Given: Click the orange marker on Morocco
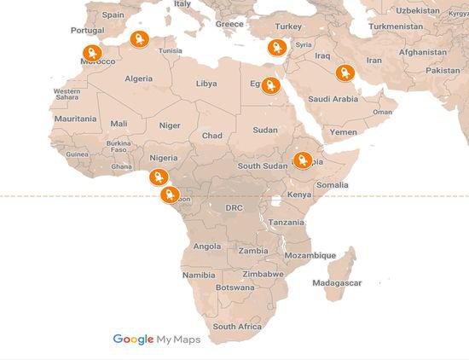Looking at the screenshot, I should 91,53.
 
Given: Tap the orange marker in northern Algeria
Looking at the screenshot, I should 139,38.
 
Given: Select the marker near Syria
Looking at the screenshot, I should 275,48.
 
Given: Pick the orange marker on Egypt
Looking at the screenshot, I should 271,84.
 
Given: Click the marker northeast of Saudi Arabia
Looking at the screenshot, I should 344,73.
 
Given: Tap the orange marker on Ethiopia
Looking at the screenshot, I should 302,160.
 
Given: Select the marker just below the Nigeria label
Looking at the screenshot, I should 157,177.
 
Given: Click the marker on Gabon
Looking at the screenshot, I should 169,195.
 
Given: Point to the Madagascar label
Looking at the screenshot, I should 337,282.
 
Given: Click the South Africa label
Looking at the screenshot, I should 237,327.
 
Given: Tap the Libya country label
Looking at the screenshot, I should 206,84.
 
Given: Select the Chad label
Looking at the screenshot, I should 211,136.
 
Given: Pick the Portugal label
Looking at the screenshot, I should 87,30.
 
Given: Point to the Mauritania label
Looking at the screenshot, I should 75,119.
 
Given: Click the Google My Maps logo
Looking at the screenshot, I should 157,339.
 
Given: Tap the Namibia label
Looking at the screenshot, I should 199,275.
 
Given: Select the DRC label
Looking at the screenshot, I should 234,207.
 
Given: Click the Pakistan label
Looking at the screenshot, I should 443,70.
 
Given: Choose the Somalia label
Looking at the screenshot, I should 333,184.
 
